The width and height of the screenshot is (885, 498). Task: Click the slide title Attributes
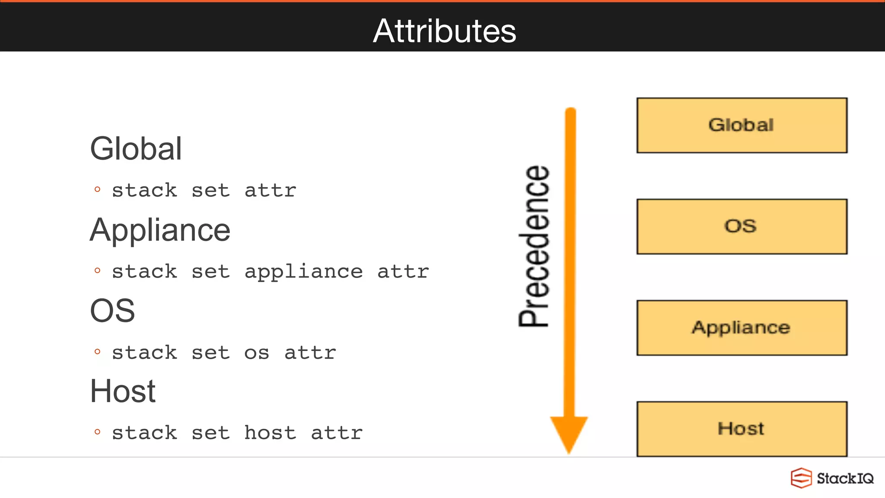[x=444, y=31]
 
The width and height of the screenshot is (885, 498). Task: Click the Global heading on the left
[x=136, y=149]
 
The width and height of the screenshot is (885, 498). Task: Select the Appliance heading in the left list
[x=160, y=230]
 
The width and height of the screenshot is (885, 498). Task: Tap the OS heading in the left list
[x=112, y=310]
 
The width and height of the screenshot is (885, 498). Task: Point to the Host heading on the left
[x=123, y=391]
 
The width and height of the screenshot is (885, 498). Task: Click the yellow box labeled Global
[x=742, y=125]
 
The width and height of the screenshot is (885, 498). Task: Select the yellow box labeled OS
[x=742, y=227]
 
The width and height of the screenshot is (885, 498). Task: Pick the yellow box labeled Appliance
[x=742, y=328]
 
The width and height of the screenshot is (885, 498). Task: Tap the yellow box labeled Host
[x=742, y=429]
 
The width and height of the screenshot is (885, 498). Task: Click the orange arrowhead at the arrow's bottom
[x=569, y=432]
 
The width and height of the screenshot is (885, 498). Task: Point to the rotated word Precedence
[x=534, y=246]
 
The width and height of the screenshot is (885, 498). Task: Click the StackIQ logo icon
[x=801, y=478]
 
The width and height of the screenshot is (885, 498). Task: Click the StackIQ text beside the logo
[x=845, y=479]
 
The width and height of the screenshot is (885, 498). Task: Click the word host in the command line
[x=270, y=433]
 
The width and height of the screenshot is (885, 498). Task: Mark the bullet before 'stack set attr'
[x=97, y=189]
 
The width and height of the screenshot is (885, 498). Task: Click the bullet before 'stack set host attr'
[x=97, y=432]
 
